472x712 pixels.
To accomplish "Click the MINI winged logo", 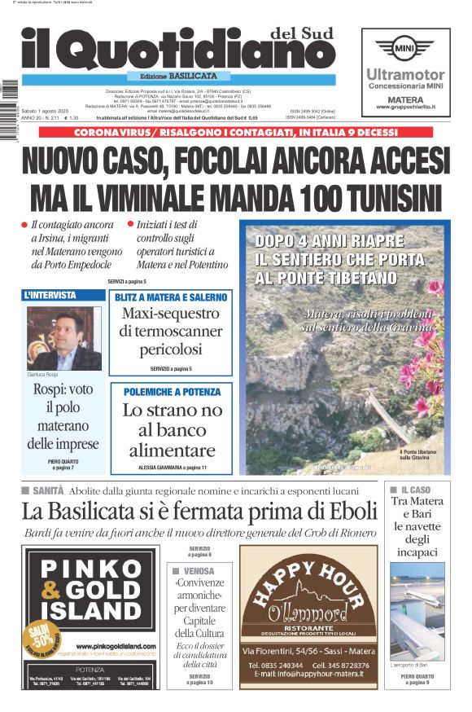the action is click(405, 48).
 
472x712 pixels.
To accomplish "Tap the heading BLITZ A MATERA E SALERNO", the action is click(171, 298).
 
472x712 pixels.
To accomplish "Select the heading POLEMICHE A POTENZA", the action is click(171, 392).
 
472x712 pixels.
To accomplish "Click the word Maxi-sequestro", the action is click(171, 314).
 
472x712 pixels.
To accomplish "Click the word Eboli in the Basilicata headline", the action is click(351, 511).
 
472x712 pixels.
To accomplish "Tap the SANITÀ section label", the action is click(48, 491).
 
